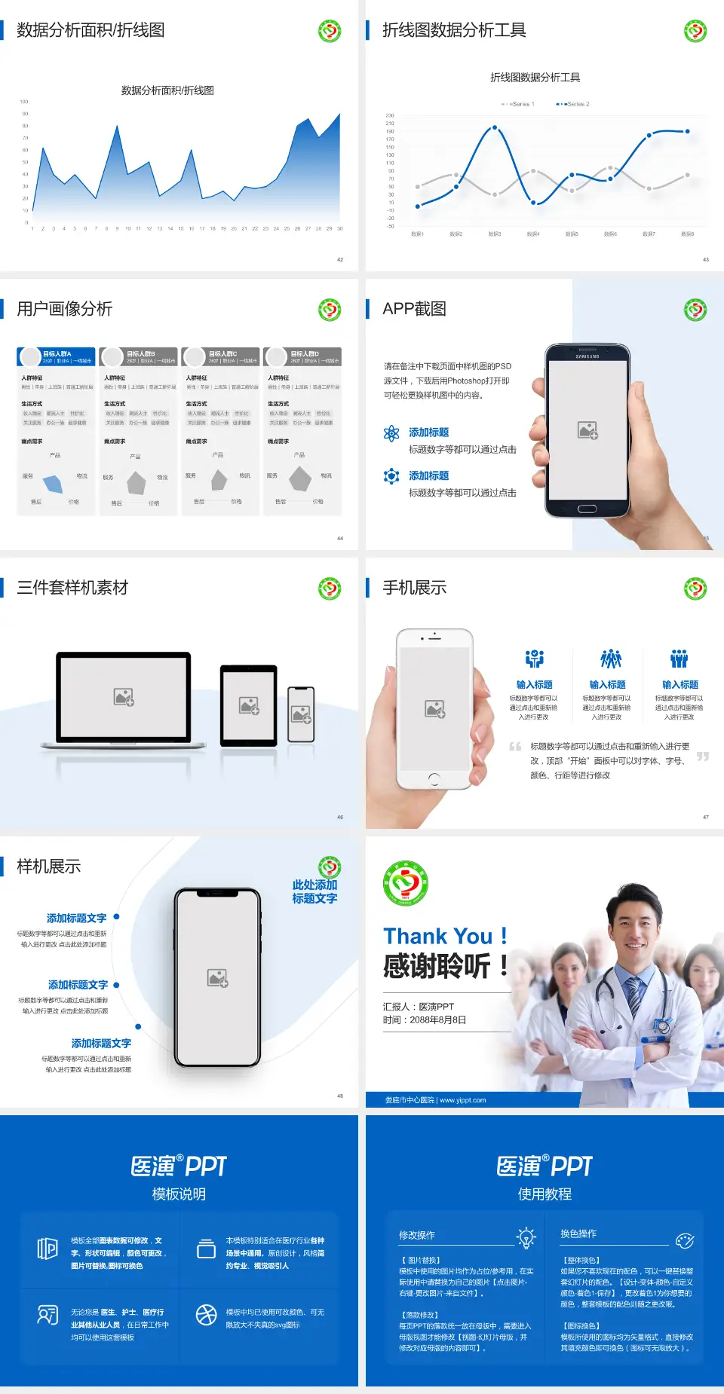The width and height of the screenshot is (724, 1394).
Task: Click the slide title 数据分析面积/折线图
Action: [90, 30]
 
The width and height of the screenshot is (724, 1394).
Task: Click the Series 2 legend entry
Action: [575, 104]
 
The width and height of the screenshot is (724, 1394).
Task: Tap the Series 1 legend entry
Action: [519, 104]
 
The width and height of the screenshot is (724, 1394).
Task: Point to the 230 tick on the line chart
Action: [390, 115]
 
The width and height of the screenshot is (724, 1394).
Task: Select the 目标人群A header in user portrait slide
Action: [57, 354]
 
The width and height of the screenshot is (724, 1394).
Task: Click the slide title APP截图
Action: [414, 309]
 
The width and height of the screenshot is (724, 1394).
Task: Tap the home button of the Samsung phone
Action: [587, 509]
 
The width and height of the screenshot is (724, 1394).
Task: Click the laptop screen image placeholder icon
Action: [124, 697]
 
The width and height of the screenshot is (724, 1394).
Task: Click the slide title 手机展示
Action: [414, 588]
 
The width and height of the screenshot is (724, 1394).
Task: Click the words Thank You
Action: [437, 937]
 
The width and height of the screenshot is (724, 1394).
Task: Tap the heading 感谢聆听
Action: [437, 966]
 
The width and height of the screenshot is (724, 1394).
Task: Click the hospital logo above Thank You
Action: [406, 883]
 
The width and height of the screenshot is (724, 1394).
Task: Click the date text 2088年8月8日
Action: [437, 1020]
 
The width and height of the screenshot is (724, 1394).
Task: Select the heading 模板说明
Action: [179, 1194]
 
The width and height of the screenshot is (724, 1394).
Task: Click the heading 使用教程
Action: [545, 1194]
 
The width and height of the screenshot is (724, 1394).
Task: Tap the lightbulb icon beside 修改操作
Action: [526, 1237]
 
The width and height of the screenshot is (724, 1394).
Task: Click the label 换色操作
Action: [578, 1234]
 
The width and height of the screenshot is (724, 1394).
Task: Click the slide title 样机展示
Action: [48, 867]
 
